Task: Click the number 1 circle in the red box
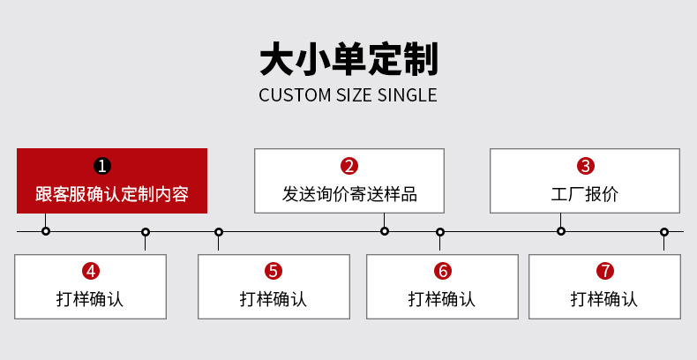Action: [102, 166]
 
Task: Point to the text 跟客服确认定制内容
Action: [112, 194]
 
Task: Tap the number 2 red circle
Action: [349, 166]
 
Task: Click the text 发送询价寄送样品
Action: [349, 194]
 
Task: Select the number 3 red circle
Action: [585, 166]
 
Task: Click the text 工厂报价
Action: [585, 194]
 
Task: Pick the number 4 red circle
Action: [90, 271]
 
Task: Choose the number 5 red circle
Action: [274, 271]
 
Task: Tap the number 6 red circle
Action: [442, 271]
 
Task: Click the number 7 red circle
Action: [604, 271]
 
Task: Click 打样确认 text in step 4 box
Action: [90, 299]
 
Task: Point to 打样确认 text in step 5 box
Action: [274, 299]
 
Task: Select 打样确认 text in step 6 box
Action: [442, 299]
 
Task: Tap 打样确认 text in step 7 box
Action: [604, 299]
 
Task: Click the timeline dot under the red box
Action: [46, 231]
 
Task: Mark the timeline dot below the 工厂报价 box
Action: [561, 231]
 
